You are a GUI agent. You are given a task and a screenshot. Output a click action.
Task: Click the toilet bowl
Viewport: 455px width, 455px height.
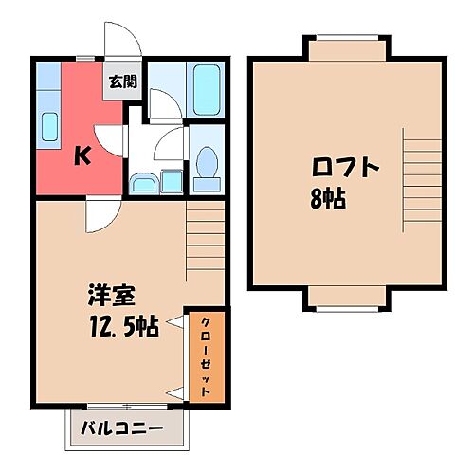(205, 165)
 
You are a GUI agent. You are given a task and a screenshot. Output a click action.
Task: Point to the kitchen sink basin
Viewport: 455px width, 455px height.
(48, 124)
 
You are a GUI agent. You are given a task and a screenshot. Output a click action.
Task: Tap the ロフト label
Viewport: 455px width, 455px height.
(346, 168)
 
